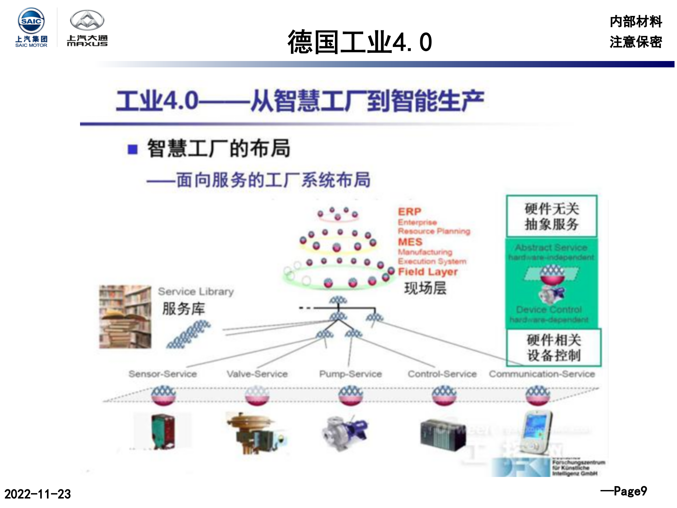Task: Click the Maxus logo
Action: click(x=87, y=28)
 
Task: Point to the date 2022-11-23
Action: click(x=37, y=494)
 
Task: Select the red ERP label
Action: click(x=409, y=212)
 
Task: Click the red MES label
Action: click(x=410, y=242)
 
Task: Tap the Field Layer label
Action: click(x=428, y=272)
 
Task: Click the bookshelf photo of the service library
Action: click(x=125, y=316)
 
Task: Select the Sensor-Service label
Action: click(x=163, y=374)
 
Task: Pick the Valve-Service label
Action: click(x=257, y=374)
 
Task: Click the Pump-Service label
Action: click(x=350, y=374)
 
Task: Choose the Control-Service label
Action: click(x=442, y=374)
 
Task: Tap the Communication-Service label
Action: click(x=542, y=374)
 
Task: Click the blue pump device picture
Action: click(x=344, y=432)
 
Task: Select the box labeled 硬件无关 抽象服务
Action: click(x=552, y=216)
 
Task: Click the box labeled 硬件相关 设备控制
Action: click(x=554, y=347)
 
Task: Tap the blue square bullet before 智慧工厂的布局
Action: click(x=133, y=149)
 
